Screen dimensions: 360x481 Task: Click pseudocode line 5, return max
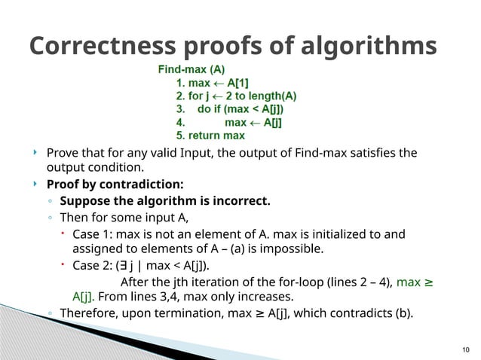210,136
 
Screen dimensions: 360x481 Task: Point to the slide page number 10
464,348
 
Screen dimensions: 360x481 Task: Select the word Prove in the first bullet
63,153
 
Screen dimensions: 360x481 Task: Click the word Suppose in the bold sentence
84,201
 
